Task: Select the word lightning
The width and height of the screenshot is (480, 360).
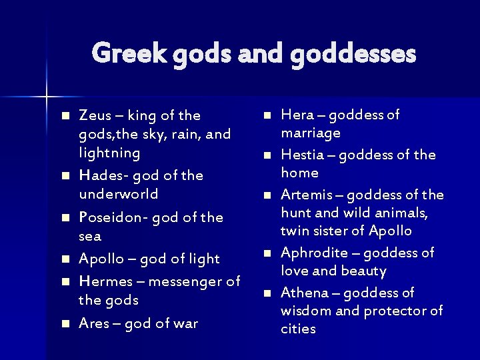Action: [109, 153]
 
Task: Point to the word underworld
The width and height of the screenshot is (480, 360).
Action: [119, 194]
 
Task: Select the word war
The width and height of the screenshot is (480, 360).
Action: [183, 323]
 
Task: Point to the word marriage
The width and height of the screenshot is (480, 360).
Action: [311, 133]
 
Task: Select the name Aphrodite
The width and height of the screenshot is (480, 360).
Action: [315, 253]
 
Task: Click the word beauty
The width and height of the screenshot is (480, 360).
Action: [363, 271]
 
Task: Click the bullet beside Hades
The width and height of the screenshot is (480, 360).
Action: [65, 176]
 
